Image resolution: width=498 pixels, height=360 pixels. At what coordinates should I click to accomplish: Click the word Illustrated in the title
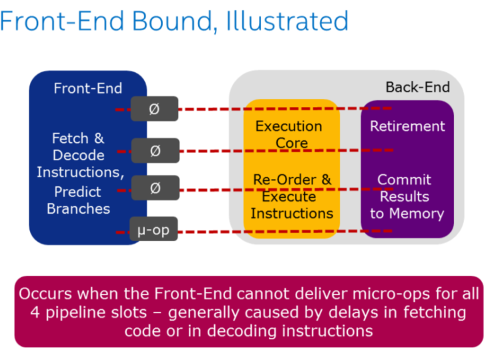point(287,21)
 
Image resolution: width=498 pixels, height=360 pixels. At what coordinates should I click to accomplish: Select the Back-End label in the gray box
point(418,87)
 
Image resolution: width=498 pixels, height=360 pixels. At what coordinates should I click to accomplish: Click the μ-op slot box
point(154,229)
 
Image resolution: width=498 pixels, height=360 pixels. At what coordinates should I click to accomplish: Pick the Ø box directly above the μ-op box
point(156,188)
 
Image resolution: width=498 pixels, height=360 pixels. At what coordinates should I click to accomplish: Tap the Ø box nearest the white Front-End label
point(154,109)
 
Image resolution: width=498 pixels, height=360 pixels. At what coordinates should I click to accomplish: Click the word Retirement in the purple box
point(407,126)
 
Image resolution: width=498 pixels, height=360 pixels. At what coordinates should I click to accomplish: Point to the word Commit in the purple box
point(405,180)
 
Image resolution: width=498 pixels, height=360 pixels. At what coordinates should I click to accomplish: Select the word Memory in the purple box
point(417,214)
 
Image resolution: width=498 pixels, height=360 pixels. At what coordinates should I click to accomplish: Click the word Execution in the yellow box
point(288,126)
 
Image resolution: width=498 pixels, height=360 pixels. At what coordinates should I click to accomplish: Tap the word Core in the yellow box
point(292,143)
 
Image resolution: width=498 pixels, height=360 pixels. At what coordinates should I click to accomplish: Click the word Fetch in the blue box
point(70,138)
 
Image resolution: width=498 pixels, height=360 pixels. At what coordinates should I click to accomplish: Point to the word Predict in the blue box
point(77,192)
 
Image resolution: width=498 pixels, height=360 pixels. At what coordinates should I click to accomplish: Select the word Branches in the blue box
point(79,209)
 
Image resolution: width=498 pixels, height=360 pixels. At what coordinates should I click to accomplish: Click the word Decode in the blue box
point(79,155)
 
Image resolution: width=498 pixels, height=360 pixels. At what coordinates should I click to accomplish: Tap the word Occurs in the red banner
point(45,293)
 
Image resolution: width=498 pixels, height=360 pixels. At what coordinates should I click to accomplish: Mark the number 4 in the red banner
point(35,313)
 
